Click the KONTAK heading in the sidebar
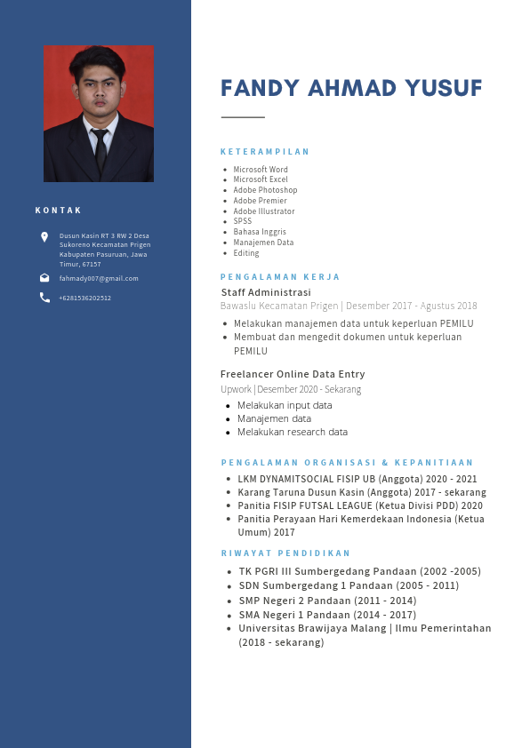coord(59,211)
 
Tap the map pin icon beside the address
coord(44,237)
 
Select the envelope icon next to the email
coord(44,278)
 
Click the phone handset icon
coord(44,298)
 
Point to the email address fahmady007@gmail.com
coord(99,278)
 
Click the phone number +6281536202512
coord(85,298)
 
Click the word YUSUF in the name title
coord(443,89)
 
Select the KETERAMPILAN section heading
coord(265,152)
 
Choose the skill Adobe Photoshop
coord(265,190)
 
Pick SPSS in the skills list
coord(243,221)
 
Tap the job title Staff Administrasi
coord(266,292)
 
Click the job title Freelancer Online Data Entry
coord(293,374)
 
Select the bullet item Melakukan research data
coord(292,432)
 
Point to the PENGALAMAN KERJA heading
coord(280,277)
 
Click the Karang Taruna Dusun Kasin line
coord(361,492)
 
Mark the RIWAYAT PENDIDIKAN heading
coord(285,553)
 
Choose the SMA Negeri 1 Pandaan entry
coord(327,614)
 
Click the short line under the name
coord(243,117)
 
